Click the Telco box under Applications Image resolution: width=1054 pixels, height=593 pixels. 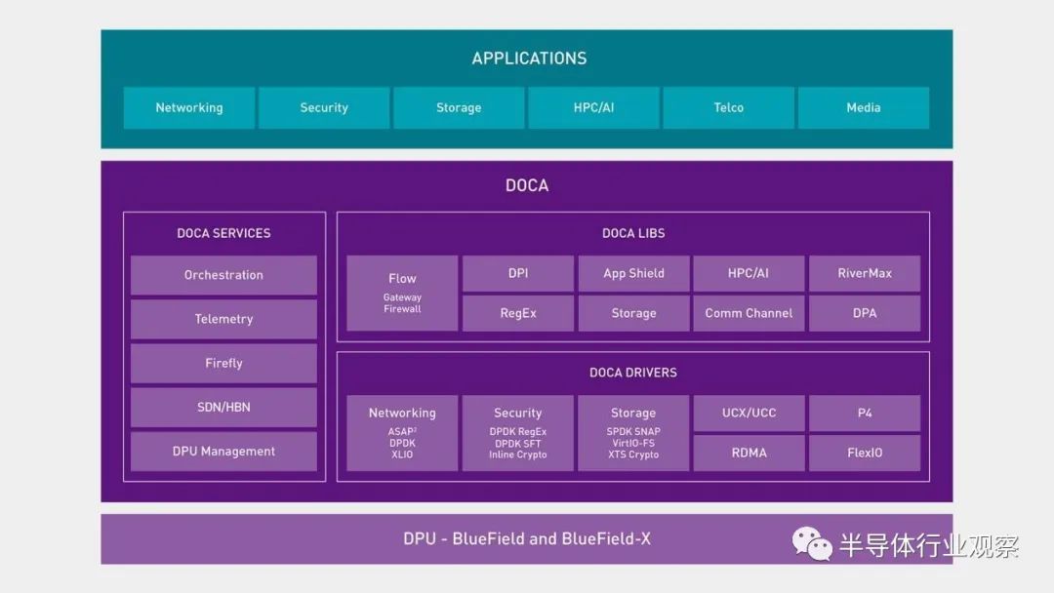[729, 107]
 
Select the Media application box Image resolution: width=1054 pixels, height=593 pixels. [864, 107]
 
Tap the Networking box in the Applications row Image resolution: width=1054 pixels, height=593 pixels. [189, 107]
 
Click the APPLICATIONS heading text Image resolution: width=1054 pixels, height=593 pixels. [529, 59]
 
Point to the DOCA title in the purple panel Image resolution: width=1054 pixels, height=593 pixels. [527, 185]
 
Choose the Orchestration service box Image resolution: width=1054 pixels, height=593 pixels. [223, 275]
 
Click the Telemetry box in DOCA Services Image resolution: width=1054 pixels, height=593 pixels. [223, 319]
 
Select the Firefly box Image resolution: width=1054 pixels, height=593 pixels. [223, 364]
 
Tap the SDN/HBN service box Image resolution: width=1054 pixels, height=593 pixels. [223, 407]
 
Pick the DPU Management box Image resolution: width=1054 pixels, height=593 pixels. [223, 452]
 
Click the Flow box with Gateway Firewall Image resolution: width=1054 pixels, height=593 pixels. [402, 293]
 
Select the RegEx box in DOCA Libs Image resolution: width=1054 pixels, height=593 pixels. [518, 313]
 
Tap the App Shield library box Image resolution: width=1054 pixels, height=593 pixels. [634, 273]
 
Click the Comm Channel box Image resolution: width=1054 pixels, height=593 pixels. [749, 313]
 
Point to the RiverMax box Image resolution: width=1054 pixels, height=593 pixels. [865, 273]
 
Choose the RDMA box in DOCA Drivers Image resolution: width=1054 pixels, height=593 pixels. [749, 453]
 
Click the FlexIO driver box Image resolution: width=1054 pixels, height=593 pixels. [865, 453]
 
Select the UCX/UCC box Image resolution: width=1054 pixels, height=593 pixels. [749, 413]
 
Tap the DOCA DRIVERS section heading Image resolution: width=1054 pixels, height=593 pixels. [633, 373]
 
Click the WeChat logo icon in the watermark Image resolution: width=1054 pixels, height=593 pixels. [812, 543]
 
